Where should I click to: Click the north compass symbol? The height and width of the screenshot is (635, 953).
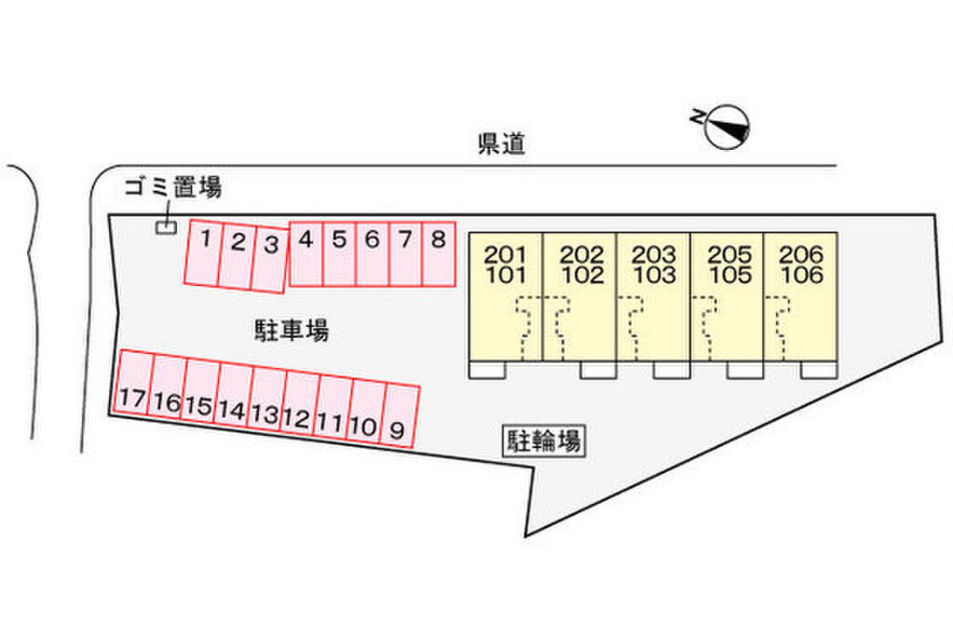click(726, 127)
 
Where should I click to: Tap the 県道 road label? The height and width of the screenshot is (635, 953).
click(502, 143)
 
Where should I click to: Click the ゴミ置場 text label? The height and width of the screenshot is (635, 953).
click(173, 188)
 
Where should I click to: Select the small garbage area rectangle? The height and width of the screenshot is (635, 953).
click(166, 227)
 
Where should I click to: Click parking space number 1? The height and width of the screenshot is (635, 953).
click(205, 253)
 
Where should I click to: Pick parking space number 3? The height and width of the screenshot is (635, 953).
click(270, 258)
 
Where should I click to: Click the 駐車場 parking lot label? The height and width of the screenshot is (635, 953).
click(291, 330)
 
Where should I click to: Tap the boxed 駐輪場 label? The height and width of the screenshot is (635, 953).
click(544, 440)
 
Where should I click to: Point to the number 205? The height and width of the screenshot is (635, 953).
click(727, 254)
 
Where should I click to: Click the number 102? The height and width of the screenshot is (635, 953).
click(583, 276)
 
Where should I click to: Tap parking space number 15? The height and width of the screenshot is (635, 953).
click(199, 392)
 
